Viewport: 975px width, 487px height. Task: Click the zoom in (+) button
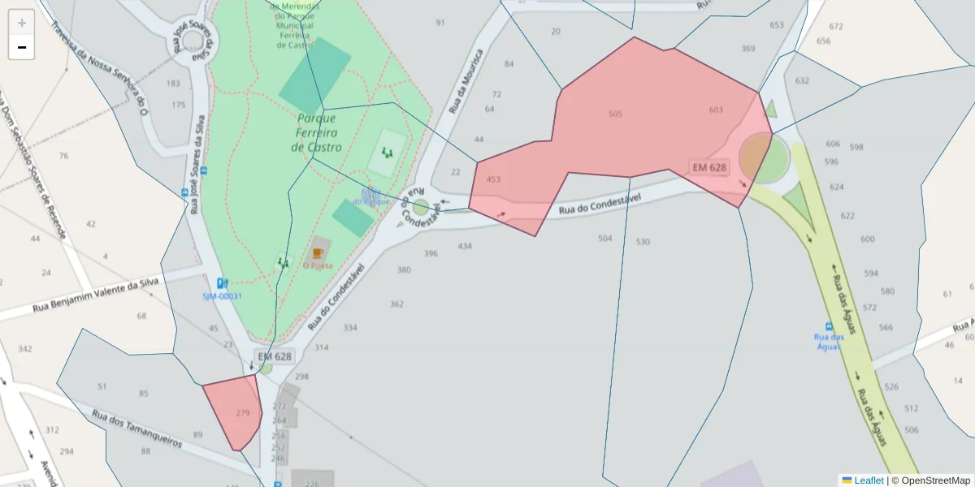[22, 23]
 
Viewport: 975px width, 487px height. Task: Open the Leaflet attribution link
[869, 481]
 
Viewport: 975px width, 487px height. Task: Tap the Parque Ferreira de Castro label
[316, 132]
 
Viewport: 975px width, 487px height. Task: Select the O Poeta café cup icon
[318, 253]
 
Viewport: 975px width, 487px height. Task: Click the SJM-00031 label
[223, 296]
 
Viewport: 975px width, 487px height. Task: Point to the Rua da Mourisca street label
[466, 81]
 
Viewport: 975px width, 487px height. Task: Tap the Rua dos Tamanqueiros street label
[136, 428]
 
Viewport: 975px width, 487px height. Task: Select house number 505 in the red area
[615, 114]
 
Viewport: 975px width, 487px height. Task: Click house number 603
[716, 110]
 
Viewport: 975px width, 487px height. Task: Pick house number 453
[493, 179]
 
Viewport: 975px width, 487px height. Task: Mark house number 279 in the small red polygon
[243, 413]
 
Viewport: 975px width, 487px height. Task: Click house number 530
[643, 242]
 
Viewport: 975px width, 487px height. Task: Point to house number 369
[747, 49]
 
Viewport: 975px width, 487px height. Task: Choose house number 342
[25, 349]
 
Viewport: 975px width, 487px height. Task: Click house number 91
[440, 23]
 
